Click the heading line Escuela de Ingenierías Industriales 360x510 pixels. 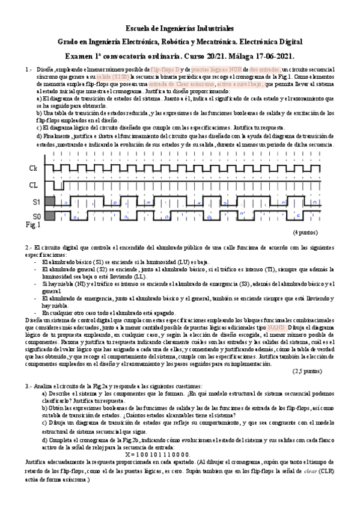[180, 28]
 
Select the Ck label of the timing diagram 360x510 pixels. [34, 169]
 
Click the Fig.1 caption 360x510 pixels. [32, 225]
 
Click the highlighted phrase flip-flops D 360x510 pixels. [167, 70]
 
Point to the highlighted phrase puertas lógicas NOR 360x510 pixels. [215, 70]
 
